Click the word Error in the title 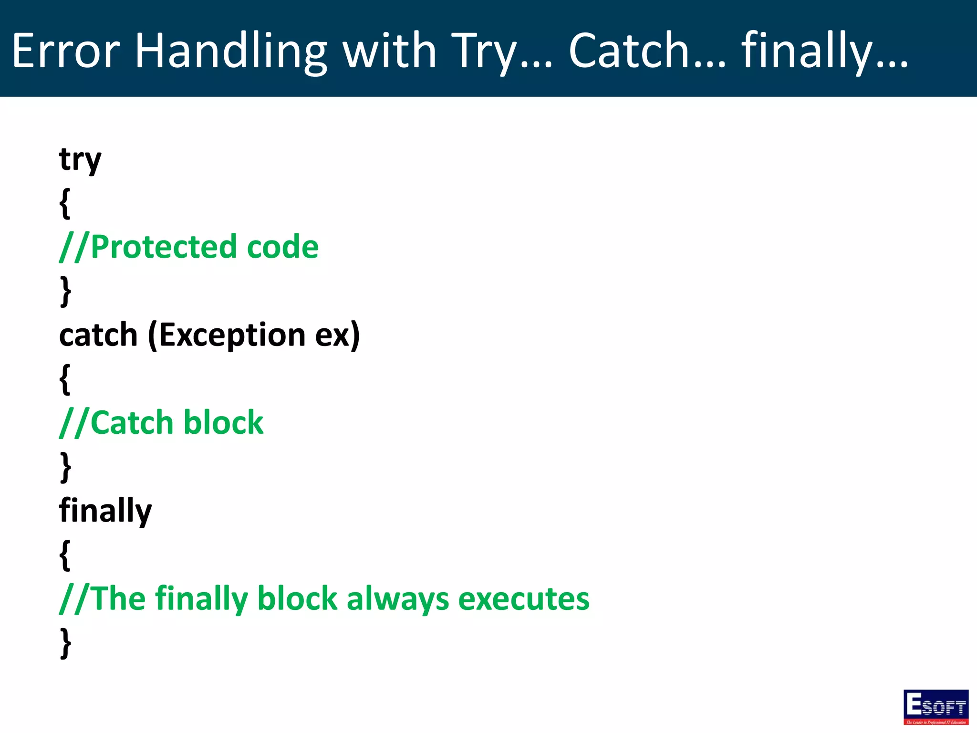66,51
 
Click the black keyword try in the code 80,160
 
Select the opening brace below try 65,203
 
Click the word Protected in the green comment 163,247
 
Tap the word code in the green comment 282,247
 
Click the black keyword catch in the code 98,335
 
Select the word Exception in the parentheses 232,335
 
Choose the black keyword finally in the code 105,511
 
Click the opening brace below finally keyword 65,555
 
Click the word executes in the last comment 523,599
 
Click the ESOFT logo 935,707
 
